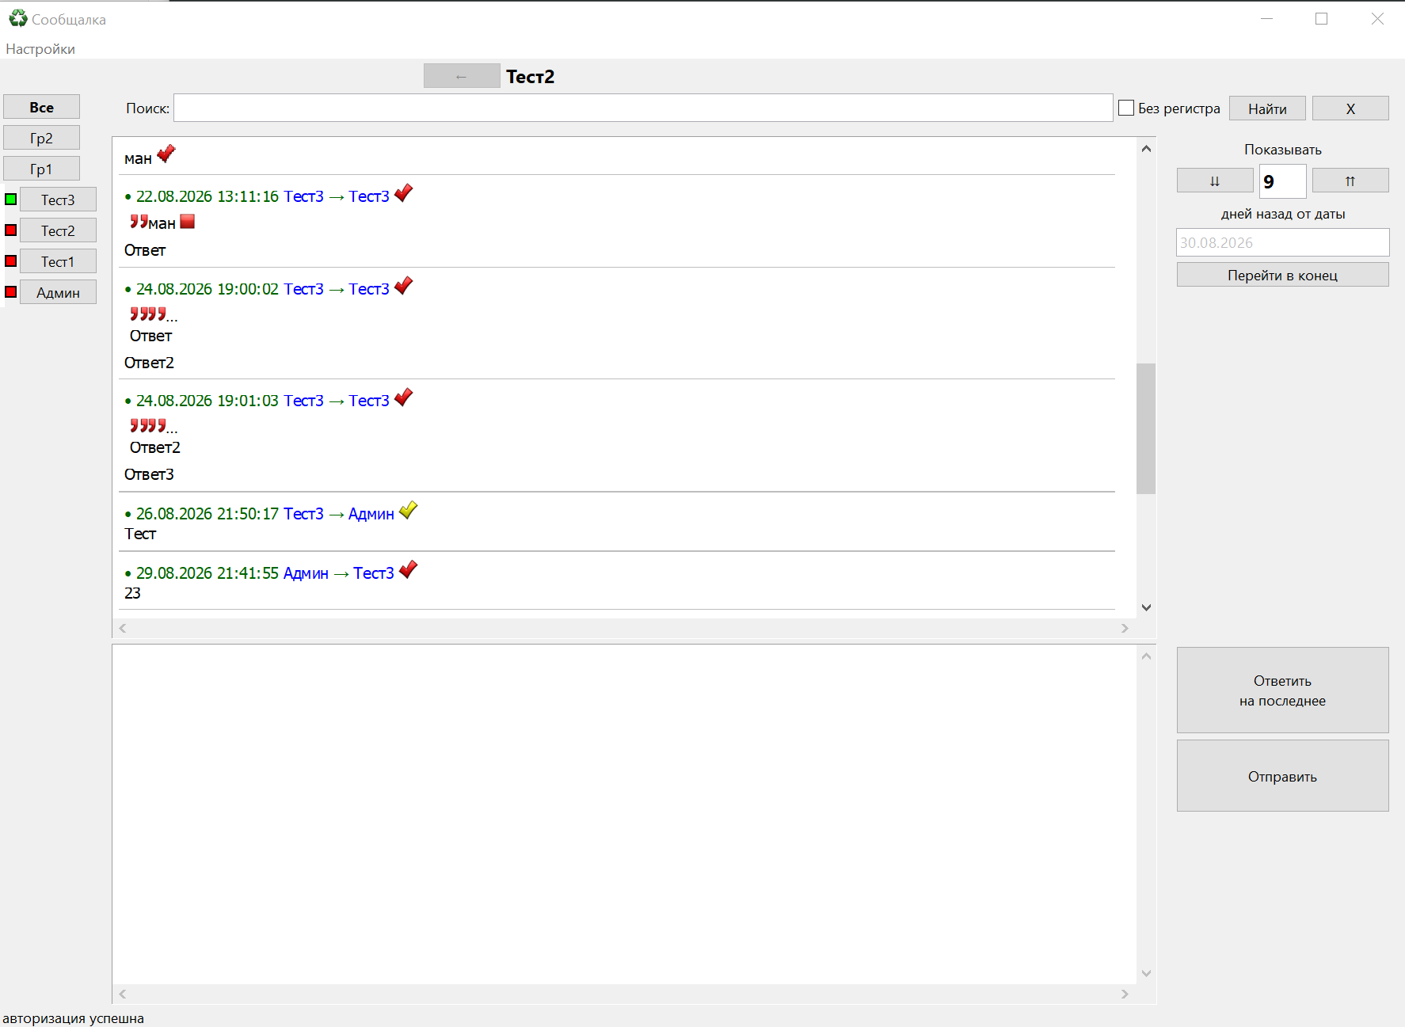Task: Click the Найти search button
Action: (1267, 108)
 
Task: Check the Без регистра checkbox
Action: (1126, 108)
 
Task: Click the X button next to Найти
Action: (1350, 108)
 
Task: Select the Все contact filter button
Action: (42, 107)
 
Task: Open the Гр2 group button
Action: (42, 138)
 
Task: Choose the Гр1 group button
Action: (42, 169)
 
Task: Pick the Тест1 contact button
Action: (58, 261)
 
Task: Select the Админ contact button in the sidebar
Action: (58, 292)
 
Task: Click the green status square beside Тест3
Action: (11, 200)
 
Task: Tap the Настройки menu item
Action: (40, 49)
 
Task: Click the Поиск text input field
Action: (643, 108)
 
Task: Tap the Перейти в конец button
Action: (1282, 275)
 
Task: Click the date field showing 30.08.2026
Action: (1282, 242)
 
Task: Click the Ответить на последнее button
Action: (1282, 690)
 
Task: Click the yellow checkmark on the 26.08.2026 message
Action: (408, 511)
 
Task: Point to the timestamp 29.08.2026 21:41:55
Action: (208, 573)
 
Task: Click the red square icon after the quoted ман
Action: (188, 222)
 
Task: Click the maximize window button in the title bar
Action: (1321, 18)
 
